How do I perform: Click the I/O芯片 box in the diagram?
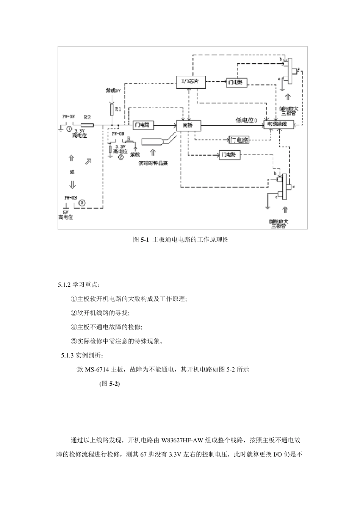click(x=192, y=82)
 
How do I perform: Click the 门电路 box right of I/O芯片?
click(x=236, y=82)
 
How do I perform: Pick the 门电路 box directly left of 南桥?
click(x=142, y=125)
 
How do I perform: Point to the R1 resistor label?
click(x=119, y=109)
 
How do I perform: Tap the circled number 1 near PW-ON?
click(x=69, y=128)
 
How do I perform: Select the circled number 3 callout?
click(x=82, y=203)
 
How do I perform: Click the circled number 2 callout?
click(x=121, y=156)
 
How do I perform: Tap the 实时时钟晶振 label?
click(x=153, y=164)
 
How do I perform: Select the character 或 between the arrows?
click(x=72, y=172)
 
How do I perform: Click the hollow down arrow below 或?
click(x=72, y=185)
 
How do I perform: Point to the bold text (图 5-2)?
click(x=109, y=384)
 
